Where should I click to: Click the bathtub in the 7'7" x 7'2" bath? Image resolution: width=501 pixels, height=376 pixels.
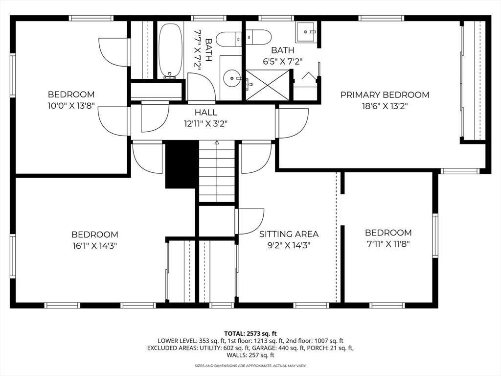pyautogui.click(x=170, y=50)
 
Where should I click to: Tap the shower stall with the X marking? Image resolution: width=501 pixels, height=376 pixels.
pyautogui.click(x=267, y=85)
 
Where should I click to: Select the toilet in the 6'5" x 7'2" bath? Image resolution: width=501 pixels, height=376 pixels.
pyautogui.click(x=258, y=37)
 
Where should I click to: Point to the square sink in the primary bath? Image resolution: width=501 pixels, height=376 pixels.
pyautogui.click(x=307, y=32)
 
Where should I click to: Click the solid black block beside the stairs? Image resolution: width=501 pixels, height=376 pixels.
pyautogui.click(x=181, y=164)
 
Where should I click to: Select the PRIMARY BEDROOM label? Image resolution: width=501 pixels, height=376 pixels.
pyautogui.click(x=385, y=94)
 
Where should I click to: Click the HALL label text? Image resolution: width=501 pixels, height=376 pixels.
pyautogui.click(x=206, y=113)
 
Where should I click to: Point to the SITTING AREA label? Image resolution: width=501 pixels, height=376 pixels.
pyautogui.click(x=289, y=234)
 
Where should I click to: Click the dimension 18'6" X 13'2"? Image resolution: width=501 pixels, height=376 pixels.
pyautogui.click(x=385, y=106)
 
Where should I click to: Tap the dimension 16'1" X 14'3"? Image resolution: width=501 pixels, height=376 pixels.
pyautogui.click(x=94, y=246)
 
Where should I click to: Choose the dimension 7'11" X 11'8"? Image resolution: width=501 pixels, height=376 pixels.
pyautogui.click(x=388, y=243)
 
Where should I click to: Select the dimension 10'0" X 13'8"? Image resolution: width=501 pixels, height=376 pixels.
pyautogui.click(x=71, y=105)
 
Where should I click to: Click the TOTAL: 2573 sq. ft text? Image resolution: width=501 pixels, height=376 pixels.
pyautogui.click(x=250, y=333)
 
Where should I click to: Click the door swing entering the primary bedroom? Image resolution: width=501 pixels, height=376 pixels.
pyautogui.click(x=293, y=123)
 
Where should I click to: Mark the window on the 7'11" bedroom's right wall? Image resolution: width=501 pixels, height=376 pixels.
pyautogui.click(x=435, y=235)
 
